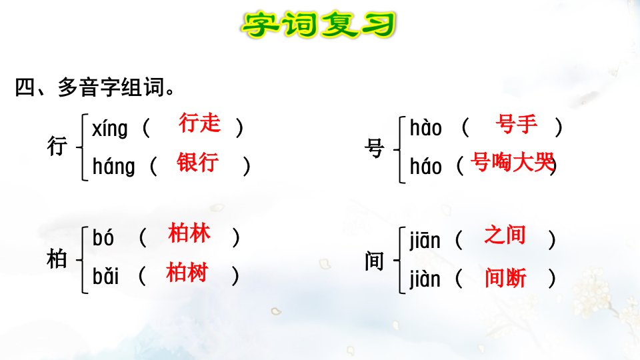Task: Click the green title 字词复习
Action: (319, 25)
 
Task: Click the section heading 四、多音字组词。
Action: (95, 87)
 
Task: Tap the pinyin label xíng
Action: (110, 129)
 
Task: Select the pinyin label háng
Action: (113, 167)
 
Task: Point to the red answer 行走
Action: (199, 123)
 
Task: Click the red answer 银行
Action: (197, 162)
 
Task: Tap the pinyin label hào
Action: (426, 128)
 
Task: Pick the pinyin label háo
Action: (426, 166)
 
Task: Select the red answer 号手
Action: (516, 124)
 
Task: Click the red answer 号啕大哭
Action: (512, 162)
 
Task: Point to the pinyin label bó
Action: (103, 237)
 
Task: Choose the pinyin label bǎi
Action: (105, 276)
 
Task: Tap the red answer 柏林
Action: (189, 233)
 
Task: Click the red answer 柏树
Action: (187, 272)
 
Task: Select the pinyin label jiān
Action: (425, 240)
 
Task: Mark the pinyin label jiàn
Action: (425, 279)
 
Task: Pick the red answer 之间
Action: (505, 235)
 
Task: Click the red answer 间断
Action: (506, 278)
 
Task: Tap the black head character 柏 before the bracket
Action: (56, 259)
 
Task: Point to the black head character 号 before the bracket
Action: (374, 148)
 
